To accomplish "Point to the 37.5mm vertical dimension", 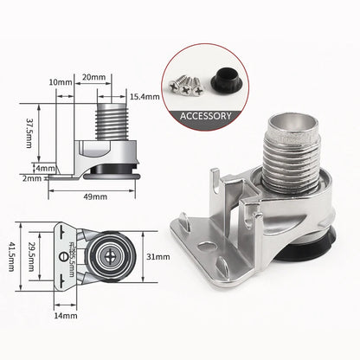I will coord(29,134).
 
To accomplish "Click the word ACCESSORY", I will coord(204,115).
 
